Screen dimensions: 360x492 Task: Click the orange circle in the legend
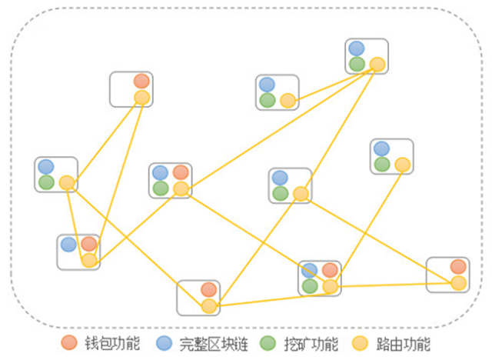[69, 343]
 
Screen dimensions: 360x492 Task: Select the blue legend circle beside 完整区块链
[163, 343]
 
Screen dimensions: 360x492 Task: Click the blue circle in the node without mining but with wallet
[68, 245]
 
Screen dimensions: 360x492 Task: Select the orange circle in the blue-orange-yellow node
[89, 245]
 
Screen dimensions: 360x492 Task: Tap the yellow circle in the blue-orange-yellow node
[89, 260]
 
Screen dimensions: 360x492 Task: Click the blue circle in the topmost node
[357, 48]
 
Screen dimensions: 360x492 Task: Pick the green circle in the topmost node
[357, 65]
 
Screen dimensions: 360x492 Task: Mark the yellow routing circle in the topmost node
[377, 65]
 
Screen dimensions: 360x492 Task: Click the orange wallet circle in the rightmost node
[458, 267]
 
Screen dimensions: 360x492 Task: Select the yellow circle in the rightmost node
[458, 283]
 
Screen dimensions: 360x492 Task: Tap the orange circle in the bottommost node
[208, 290]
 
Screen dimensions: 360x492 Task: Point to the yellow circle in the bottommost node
[208, 306]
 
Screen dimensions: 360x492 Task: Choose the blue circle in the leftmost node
[46, 166]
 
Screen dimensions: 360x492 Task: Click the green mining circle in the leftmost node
[46, 182]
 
